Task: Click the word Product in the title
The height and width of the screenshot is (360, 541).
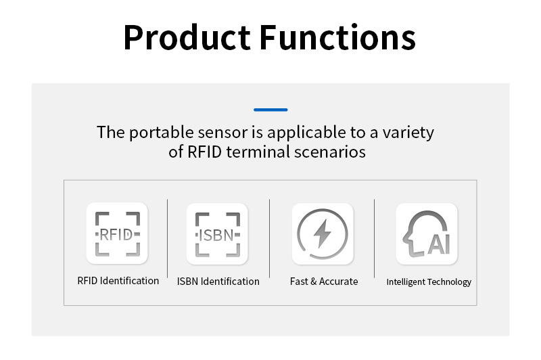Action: click(x=187, y=37)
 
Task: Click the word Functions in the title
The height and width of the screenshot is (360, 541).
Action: click(x=337, y=37)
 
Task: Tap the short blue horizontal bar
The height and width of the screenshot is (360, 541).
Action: click(x=270, y=110)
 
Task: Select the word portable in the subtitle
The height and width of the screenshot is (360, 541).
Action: click(x=162, y=133)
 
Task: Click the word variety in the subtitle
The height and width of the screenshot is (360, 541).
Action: click(x=408, y=133)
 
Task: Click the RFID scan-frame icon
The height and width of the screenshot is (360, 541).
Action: click(x=117, y=234)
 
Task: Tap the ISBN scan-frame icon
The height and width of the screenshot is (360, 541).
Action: click(x=217, y=235)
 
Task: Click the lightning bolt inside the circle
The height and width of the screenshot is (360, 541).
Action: click(x=323, y=233)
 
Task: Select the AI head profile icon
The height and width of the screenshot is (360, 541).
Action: click(x=427, y=234)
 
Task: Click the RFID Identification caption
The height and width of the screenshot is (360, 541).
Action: click(x=118, y=281)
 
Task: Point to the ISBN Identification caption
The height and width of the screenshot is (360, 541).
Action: click(x=218, y=282)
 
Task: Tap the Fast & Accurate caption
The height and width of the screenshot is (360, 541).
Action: click(x=324, y=282)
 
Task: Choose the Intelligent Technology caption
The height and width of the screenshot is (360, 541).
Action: click(x=429, y=282)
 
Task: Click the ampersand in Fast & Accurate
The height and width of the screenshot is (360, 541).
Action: click(x=313, y=282)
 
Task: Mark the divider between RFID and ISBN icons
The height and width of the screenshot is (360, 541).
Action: click(x=167, y=238)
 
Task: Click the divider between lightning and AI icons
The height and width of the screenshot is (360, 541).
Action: click(x=374, y=238)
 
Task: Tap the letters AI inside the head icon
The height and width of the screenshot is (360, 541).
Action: click(x=439, y=244)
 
